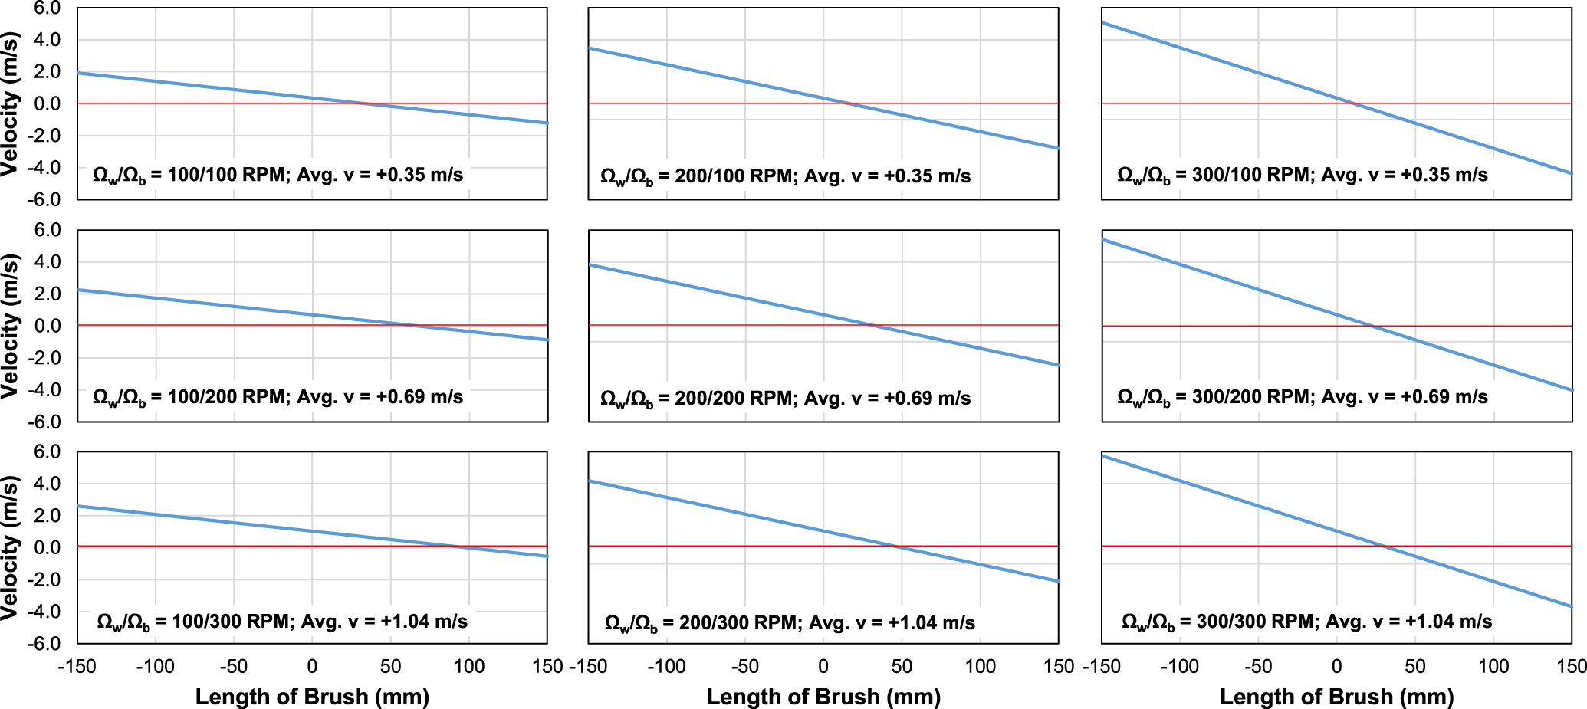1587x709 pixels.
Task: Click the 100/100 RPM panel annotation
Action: coord(278,176)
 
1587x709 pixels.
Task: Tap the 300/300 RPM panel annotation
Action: coord(1306,622)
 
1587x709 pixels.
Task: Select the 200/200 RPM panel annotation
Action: coord(785,399)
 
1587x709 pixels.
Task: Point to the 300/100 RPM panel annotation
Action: coord(1302,176)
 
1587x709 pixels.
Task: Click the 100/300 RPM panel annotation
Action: coord(282,622)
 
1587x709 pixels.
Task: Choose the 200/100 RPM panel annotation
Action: coord(785,177)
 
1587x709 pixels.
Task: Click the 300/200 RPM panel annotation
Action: coord(1302,397)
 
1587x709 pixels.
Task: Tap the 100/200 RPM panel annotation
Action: coord(278,397)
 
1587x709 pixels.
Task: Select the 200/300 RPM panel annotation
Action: coord(790,623)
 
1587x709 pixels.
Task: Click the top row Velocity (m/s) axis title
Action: coord(10,103)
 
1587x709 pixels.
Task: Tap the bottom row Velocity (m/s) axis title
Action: coord(10,547)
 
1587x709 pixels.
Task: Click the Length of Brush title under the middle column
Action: coord(823,697)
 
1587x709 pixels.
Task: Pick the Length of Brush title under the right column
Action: coord(1336,697)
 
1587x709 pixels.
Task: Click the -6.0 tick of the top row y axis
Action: coord(44,199)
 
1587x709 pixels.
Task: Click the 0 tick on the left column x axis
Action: coord(312,667)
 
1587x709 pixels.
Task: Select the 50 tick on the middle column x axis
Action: coord(902,667)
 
